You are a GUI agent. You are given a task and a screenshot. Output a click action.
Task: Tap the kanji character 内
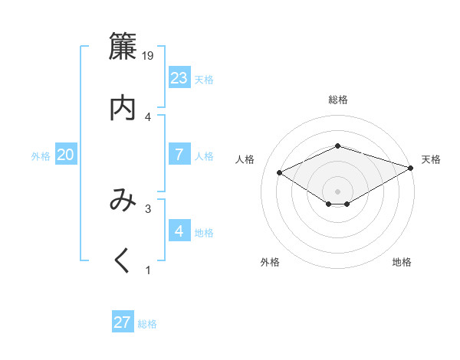click(123, 108)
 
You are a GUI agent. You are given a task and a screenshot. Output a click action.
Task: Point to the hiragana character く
click(123, 261)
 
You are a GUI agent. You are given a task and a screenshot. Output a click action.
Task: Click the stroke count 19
click(149, 56)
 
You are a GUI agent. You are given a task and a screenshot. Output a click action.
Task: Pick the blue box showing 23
click(179, 77)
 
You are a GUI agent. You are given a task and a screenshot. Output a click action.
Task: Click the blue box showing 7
click(179, 154)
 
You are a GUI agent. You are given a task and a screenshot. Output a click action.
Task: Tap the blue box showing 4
click(179, 231)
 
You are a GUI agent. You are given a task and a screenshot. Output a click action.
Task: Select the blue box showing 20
click(66, 154)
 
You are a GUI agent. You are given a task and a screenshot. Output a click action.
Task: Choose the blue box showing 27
click(123, 322)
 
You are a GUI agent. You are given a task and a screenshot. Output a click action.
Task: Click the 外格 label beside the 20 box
click(41, 155)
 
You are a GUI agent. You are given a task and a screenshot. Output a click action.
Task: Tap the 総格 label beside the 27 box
click(147, 324)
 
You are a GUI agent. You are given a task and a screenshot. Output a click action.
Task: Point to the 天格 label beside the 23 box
click(204, 79)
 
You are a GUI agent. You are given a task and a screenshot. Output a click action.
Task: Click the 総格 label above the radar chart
click(337, 100)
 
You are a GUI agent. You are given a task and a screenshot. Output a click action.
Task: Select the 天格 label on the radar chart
click(431, 159)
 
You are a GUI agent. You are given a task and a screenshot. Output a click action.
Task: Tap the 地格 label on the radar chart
click(402, 263)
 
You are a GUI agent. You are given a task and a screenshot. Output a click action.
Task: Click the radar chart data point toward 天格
click(412, 167)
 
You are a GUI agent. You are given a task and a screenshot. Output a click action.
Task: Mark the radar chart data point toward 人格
click(280, 172)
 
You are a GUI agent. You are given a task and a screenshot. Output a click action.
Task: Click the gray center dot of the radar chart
click(337, 191)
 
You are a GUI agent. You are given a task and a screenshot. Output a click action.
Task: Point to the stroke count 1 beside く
click(148, 270)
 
